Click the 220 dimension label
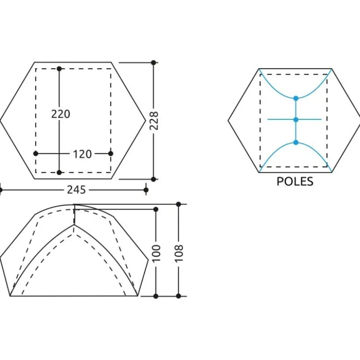(60, 114)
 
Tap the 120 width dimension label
(82, 154)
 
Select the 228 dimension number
(154, 121)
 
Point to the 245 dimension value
(76, 190)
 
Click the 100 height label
(156, 253)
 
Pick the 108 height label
(179, 253)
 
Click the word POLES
(295, 181)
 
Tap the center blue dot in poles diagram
(296, 120)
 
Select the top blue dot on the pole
(296, 98)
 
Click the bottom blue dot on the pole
(296, 142)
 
